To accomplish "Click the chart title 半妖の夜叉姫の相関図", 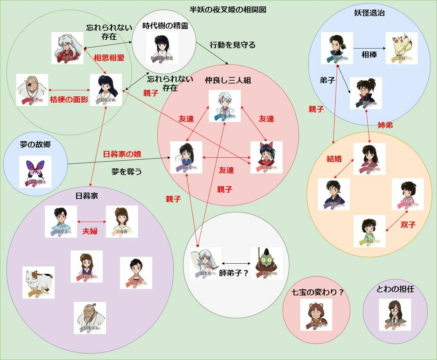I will tap(228, 10).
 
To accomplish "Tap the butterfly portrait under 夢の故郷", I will tap(35, 171).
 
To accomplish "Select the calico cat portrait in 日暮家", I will tap(39, 282).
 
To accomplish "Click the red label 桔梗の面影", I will tap(69, 100).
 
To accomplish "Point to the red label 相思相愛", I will tap(109, 58).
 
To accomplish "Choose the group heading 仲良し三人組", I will tap(228, 80).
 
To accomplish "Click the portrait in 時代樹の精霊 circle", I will tap(162, 48).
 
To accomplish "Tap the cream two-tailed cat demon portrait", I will tap(401, 48).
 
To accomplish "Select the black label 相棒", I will tap(369, 55).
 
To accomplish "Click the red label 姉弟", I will tap(385, 125).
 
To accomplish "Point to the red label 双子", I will tap(408, 225).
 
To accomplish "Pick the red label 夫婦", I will tap(90, 231).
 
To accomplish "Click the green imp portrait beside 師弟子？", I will tap(266, 263).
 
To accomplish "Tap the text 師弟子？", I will tap(234, 273).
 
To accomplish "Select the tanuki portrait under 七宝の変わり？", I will tap(316, 315).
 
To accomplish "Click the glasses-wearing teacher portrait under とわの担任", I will tap(395, 315).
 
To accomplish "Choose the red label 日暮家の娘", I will tap(122, 154).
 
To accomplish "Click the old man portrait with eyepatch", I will tap(32, 90).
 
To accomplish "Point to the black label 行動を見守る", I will tap(233, 45).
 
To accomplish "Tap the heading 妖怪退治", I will tap(369, 13).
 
